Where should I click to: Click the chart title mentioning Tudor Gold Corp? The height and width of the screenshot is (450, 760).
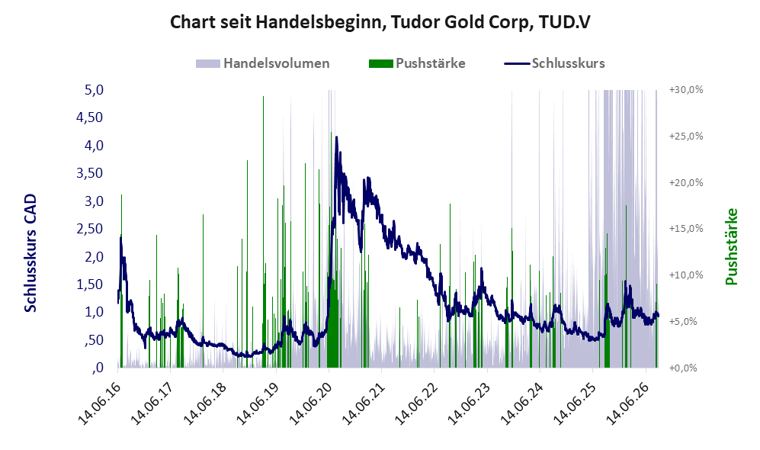click(x=380, y=22)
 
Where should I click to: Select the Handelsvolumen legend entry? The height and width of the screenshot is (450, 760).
click(x=263, y=63)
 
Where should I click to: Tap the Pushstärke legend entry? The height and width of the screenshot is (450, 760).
click(x=417, y=63)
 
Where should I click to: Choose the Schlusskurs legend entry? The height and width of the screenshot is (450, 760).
click(x=554, y=63)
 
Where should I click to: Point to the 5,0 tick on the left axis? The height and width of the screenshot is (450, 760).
click(x=94, y=90)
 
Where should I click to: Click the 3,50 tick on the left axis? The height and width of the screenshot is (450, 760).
click(x=90, y=173)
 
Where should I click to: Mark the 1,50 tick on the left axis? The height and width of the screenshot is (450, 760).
click(x=90, y=284)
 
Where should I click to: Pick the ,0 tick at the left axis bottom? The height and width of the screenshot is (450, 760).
click(x=98, y=368)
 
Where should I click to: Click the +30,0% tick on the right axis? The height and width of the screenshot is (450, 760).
click(x=686, y=90)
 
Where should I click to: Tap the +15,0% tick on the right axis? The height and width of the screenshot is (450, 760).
click(x=686, y=228)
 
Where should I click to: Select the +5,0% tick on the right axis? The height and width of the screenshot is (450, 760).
click(x=688, y=322)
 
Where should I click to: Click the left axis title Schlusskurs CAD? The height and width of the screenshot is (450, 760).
click(x=30, y=252)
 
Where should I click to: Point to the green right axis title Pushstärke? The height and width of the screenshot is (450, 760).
click(x=731, y=246)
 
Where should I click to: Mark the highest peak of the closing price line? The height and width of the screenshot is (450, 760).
click(x=336, y=137)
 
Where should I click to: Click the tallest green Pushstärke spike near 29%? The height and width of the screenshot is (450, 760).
click(x=263, y=232)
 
